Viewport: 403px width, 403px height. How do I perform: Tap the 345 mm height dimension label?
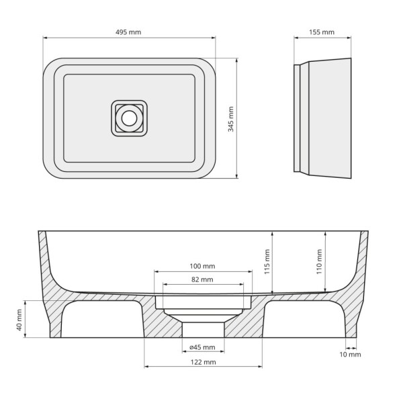point(232,119)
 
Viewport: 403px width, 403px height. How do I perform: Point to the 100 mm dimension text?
point(202,265)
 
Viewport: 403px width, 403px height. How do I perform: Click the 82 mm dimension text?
point(202,279)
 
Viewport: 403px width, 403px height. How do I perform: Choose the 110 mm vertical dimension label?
point(320,261)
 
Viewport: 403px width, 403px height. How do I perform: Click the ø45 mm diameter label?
point(202,347)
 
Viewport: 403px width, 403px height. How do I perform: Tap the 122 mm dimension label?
point(202,362)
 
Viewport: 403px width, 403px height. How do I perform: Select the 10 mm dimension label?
point(350,354)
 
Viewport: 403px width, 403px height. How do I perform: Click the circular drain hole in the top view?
point(128,118)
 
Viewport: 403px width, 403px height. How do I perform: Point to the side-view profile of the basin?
point(324,119)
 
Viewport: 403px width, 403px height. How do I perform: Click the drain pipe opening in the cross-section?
point(203,329)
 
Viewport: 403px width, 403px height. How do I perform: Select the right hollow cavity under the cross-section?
point(304,320)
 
